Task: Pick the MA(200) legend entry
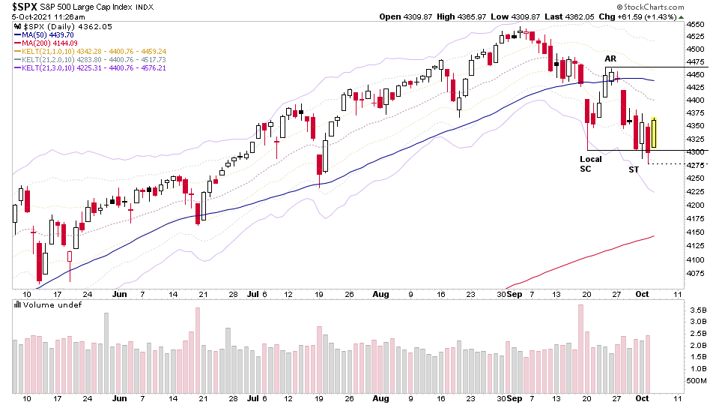pos(45,43)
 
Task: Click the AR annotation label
pos(610,58)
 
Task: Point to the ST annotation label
pos(634,169)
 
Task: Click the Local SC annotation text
pos(590,163)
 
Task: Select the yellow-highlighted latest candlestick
pos(654,132)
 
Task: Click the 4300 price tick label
pos(696,152)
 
